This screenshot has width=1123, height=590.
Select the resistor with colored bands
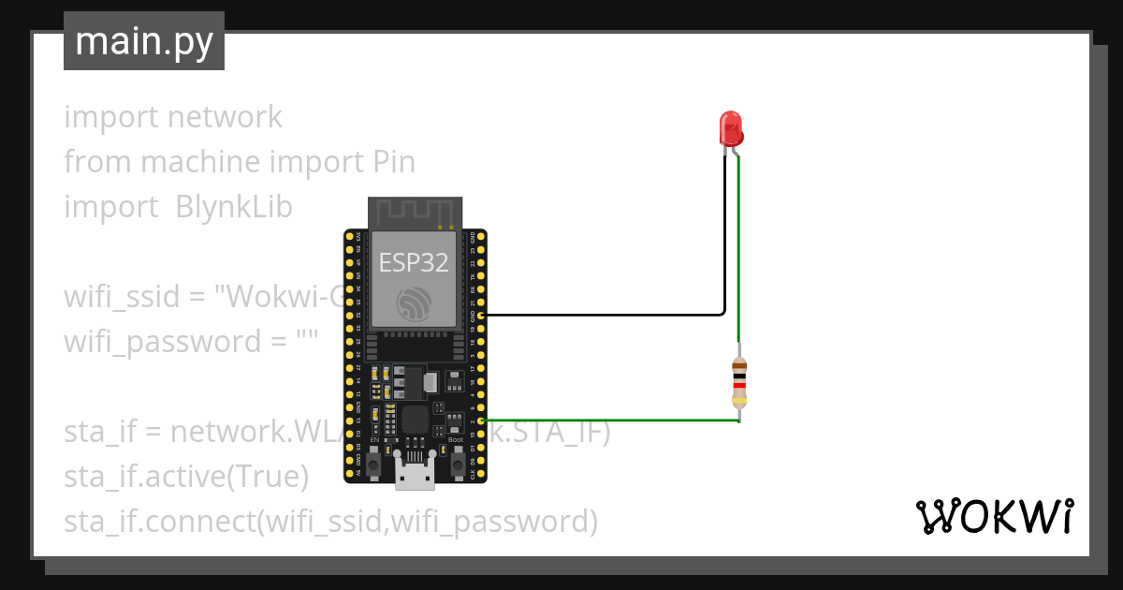point(739,384)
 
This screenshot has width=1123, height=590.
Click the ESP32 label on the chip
point(414,263)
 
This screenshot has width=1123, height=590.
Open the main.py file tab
point(144,42)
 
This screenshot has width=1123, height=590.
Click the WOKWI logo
point(994,516)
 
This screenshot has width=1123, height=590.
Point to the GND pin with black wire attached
point(481,316)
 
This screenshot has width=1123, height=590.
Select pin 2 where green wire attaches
point(481,421)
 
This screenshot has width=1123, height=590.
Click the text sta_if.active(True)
point(186,477)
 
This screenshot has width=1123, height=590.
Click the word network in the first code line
point(225,117)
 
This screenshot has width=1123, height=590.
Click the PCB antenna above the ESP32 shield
point(415,213)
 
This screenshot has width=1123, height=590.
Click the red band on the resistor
point(739,385)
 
